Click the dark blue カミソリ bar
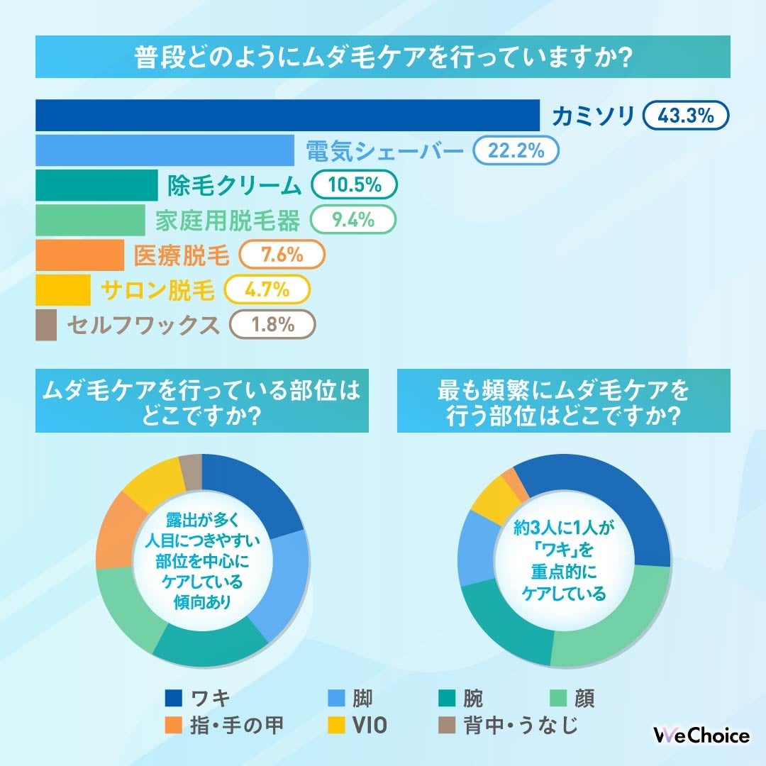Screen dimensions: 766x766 (x=287, y=116)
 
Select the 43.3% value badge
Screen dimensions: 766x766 (x=686, y=116)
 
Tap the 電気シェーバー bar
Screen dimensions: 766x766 (x=165, y=150)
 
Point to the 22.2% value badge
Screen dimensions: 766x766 (x=516, y=150)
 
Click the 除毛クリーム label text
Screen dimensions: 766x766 (x=234, y=186)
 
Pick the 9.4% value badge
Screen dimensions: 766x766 (x=353, y=221)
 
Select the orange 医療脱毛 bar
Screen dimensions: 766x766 (x=79, y=255)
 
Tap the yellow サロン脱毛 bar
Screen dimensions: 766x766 (x=63, y=290)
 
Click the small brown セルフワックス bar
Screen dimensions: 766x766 (x=46, y=325)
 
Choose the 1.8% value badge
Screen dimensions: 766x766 (x=273, y=325)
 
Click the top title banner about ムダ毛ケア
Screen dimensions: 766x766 (x=383, y=57)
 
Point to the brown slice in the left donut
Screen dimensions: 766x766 (x=191, y=472)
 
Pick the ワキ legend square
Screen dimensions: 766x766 (x=174, y=699)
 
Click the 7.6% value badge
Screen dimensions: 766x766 (x=282, y=255)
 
